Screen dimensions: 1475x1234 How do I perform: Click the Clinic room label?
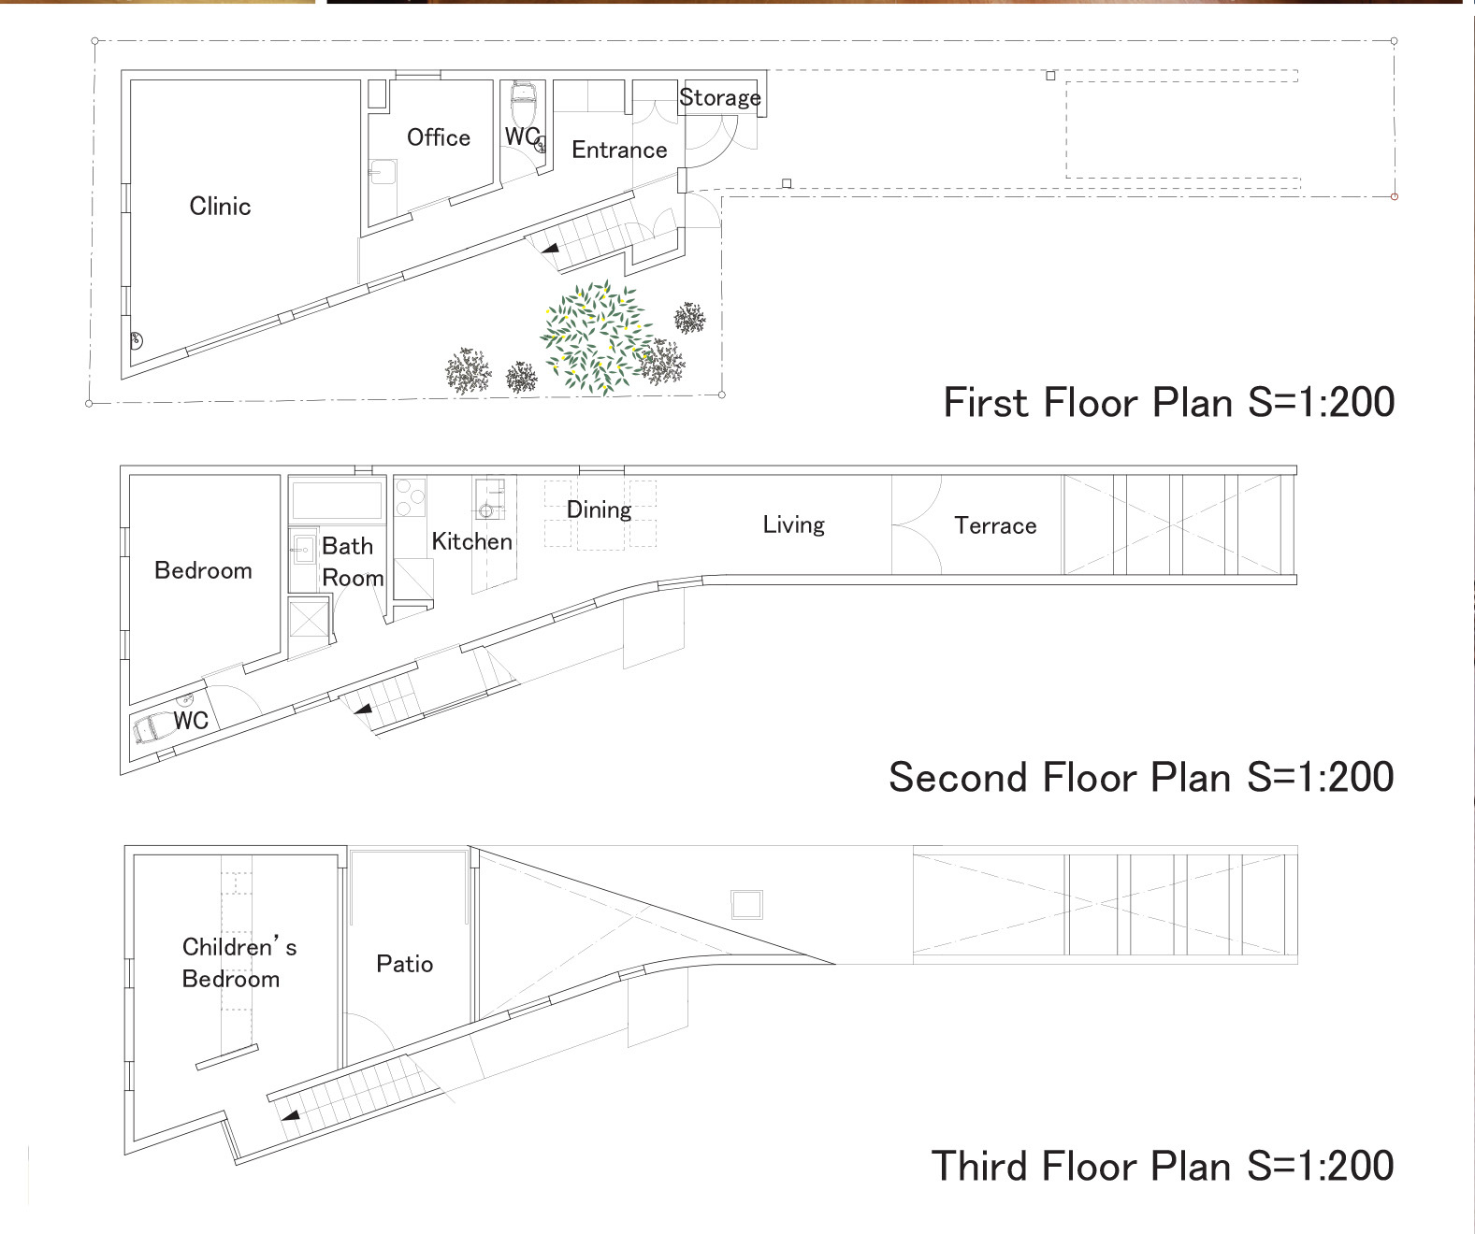[x=220, y=207]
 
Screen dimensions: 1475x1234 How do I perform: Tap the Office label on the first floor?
[x=438, y=136]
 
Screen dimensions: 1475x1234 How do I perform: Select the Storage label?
[x=720, y=97]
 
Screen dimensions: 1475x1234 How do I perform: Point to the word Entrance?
[x=619, y=150]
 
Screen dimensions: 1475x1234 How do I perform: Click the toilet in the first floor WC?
[x=525, y=101]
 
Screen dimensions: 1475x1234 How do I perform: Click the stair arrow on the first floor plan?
[x=550, y=249]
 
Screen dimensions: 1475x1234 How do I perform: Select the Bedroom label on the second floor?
[x=203, y=570]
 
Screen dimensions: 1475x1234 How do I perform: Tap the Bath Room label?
[x=353, y=562]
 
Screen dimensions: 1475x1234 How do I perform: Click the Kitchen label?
[x=471, y=541]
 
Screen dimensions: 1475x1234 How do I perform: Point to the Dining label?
[x=599, y=509]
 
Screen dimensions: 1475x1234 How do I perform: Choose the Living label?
[x=793, y=524]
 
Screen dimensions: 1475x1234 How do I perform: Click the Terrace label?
[x=994, y=525]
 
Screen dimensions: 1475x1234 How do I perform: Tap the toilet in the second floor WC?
[x=152, y=729]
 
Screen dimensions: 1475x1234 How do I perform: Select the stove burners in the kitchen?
[x=410, y=498]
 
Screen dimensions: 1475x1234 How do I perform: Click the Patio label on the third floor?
[x=404, y=964]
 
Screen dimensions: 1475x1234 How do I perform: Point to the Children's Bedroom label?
[x=239, y=962]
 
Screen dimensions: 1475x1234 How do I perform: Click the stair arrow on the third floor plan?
[x=290, y=1116]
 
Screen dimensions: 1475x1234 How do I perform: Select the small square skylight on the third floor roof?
[x=746, y=904]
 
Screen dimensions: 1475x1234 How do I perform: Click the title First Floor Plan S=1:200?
[x=1169, y=402]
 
